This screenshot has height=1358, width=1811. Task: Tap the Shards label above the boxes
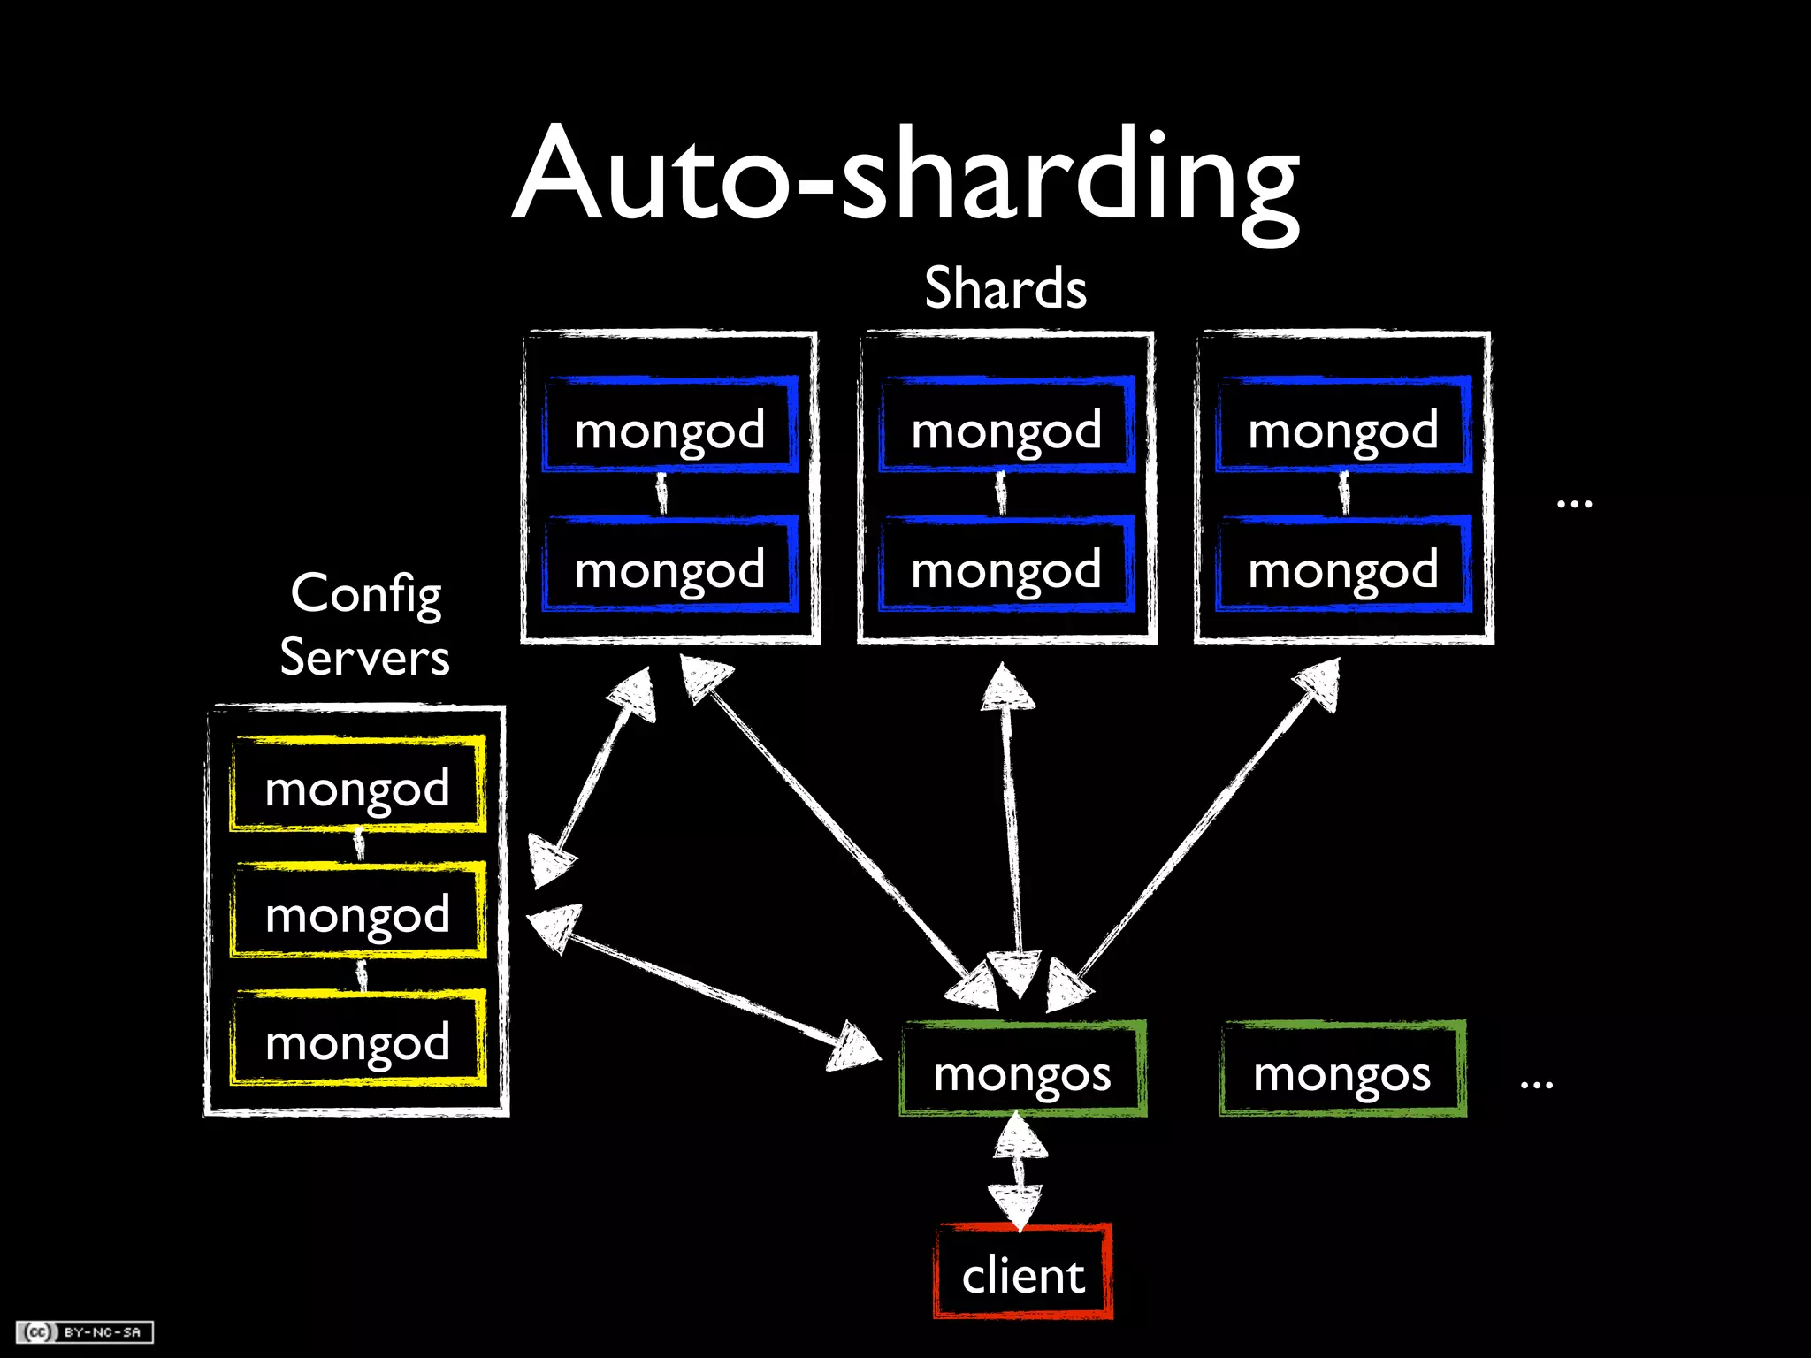(x=1005, y=288)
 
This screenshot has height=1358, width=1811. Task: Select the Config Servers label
(x=364, y=624)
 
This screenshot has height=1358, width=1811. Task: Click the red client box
(x=1023, y=1273)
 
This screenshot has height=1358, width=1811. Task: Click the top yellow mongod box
(x=358, y=785)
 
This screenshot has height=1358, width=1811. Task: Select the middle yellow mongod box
(x=358, y=912)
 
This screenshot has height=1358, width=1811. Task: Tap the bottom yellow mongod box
(x=358, y=1040)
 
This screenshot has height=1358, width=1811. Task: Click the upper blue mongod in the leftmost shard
(x=670, y=427)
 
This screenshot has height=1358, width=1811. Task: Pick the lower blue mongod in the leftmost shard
(x=670, y=566)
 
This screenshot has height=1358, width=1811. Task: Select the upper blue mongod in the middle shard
(x=1007, y=427)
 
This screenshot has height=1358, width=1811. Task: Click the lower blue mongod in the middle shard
(x=1007, y=566)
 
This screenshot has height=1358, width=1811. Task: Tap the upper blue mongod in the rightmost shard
(x=1344, y=427)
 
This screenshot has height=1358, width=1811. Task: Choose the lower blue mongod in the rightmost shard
(x=1344, y=566)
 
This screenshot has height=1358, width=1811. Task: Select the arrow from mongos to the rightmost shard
(x=1207, y=822)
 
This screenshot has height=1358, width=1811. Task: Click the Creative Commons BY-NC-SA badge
(x=85, y=1331)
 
